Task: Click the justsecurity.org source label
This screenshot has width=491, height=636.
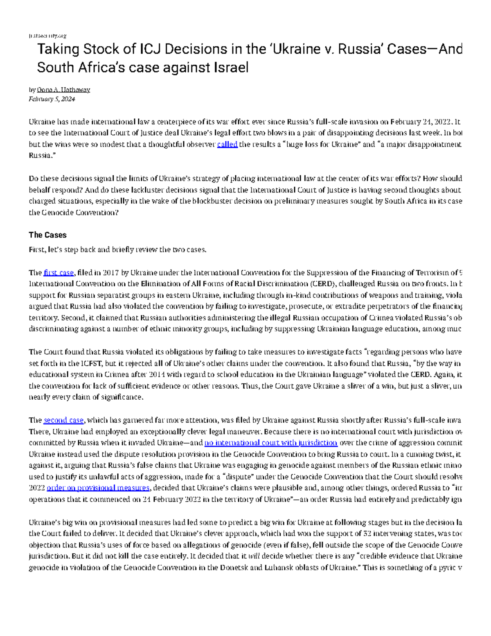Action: (47, 36)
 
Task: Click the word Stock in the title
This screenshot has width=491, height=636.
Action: (103, 49)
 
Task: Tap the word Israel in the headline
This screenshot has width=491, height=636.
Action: (231, 67)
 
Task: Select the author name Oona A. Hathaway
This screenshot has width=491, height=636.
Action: (63, 90)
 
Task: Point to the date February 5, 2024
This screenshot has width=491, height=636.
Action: (52, 99)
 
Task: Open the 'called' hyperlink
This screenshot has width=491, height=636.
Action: (227, 145)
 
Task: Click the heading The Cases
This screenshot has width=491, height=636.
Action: (47, 235)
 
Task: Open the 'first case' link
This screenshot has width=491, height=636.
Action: (59, 273)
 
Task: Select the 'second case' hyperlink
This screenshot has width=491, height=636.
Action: (63, 420)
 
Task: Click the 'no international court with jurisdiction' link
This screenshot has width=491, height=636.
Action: (270, 443)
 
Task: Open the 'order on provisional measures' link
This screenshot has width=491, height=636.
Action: (98, 488)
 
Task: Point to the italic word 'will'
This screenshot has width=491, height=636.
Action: (254, 556)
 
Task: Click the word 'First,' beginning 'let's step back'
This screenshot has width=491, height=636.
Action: (37, 250)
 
